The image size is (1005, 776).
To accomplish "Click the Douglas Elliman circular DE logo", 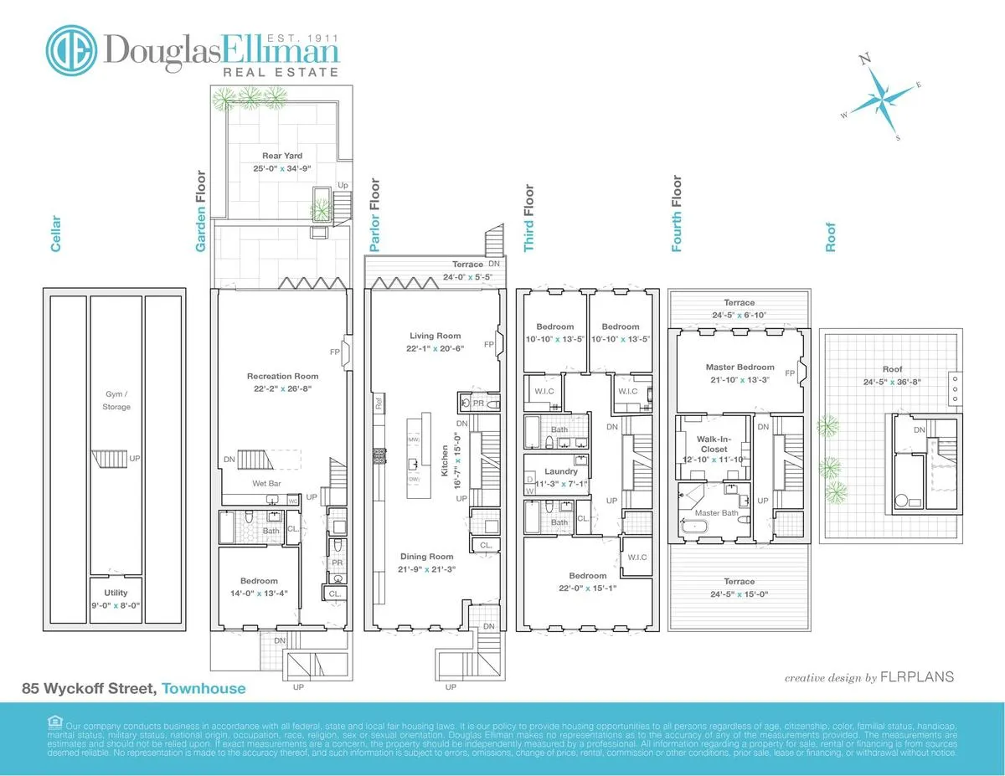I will (x=71, y=49).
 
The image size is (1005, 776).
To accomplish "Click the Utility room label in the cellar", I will (x=116, y=592).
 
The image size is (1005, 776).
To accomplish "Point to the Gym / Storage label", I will (x=116, y=402).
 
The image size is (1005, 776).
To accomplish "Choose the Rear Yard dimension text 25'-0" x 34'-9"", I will (x=282, y=168).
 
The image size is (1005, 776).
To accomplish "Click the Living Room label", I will (x=435, y=336).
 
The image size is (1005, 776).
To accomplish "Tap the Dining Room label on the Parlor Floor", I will (x=426, y=557).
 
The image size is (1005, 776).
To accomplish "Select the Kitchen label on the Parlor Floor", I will (x=445, y=461).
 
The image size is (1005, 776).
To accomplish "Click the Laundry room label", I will (x=560, y=471).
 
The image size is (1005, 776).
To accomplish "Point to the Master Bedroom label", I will (x=740, y=367).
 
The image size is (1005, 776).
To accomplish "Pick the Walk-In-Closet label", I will (x=712, y=444).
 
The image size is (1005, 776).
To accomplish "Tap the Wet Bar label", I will (x=265, y=484).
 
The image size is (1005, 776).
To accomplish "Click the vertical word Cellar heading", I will (x=56, y=233).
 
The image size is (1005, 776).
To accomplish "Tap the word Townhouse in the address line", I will (x=204, y=689).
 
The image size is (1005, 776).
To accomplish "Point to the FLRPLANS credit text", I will (x=919, y=677).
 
